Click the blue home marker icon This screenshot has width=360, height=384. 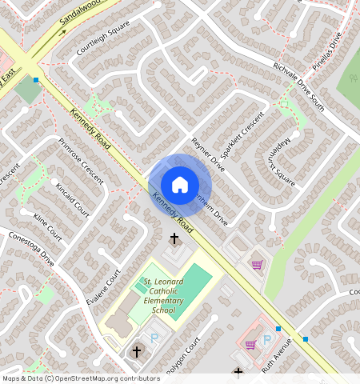click(x=180, y=185)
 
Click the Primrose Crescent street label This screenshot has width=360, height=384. click(x=81, y=161)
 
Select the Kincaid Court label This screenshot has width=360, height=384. click(x=72, y=196)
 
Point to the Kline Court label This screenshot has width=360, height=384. click(x=47, y=227)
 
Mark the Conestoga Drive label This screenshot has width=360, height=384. click(x=30, y=249)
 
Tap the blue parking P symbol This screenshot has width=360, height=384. click(x=155, y=339)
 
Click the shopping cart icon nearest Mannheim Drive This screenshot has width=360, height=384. click(x=257, y=265)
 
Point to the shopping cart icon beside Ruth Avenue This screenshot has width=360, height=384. click(x=250, y=344)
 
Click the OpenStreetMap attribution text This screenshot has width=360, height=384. click(x=81, y=378)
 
